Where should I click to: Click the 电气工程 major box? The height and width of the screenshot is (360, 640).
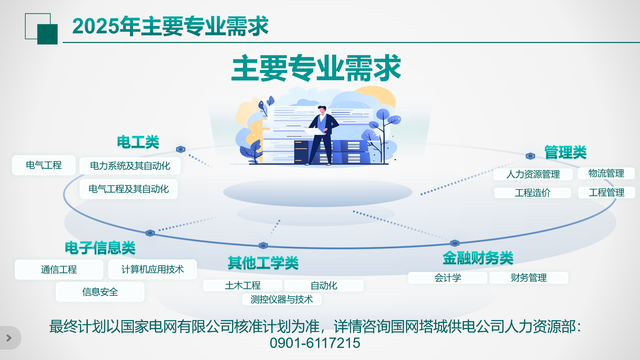[44, 165]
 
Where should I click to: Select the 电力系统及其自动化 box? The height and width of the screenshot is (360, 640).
[130, 166]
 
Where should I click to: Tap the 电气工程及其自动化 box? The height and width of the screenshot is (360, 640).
[129, 189]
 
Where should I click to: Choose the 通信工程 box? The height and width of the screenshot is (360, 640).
[59, 270]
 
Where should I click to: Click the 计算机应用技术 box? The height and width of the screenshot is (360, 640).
[153, 269]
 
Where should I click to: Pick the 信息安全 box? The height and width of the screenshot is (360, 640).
[100, 292]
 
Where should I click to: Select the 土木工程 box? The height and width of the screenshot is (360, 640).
[243, 286]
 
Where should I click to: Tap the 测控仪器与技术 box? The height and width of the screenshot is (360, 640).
[282, 299]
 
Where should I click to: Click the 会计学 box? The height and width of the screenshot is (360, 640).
[448, 278]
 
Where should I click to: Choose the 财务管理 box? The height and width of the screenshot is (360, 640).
[529, 278]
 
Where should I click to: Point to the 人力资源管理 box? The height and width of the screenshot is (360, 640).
[533, 174]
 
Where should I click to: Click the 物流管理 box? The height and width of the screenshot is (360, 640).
[606, 173]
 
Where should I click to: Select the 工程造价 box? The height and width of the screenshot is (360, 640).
[532, 193]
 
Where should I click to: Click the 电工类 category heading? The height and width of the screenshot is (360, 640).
[138, 142]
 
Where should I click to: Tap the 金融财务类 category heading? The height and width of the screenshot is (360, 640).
[478, 258]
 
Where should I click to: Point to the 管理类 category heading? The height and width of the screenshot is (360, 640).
[565, 152]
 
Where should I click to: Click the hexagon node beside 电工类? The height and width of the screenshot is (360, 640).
[181, 149]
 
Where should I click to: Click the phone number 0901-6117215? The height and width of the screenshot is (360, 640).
[315, 343]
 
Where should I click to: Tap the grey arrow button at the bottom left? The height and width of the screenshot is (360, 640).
[9, 338]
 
